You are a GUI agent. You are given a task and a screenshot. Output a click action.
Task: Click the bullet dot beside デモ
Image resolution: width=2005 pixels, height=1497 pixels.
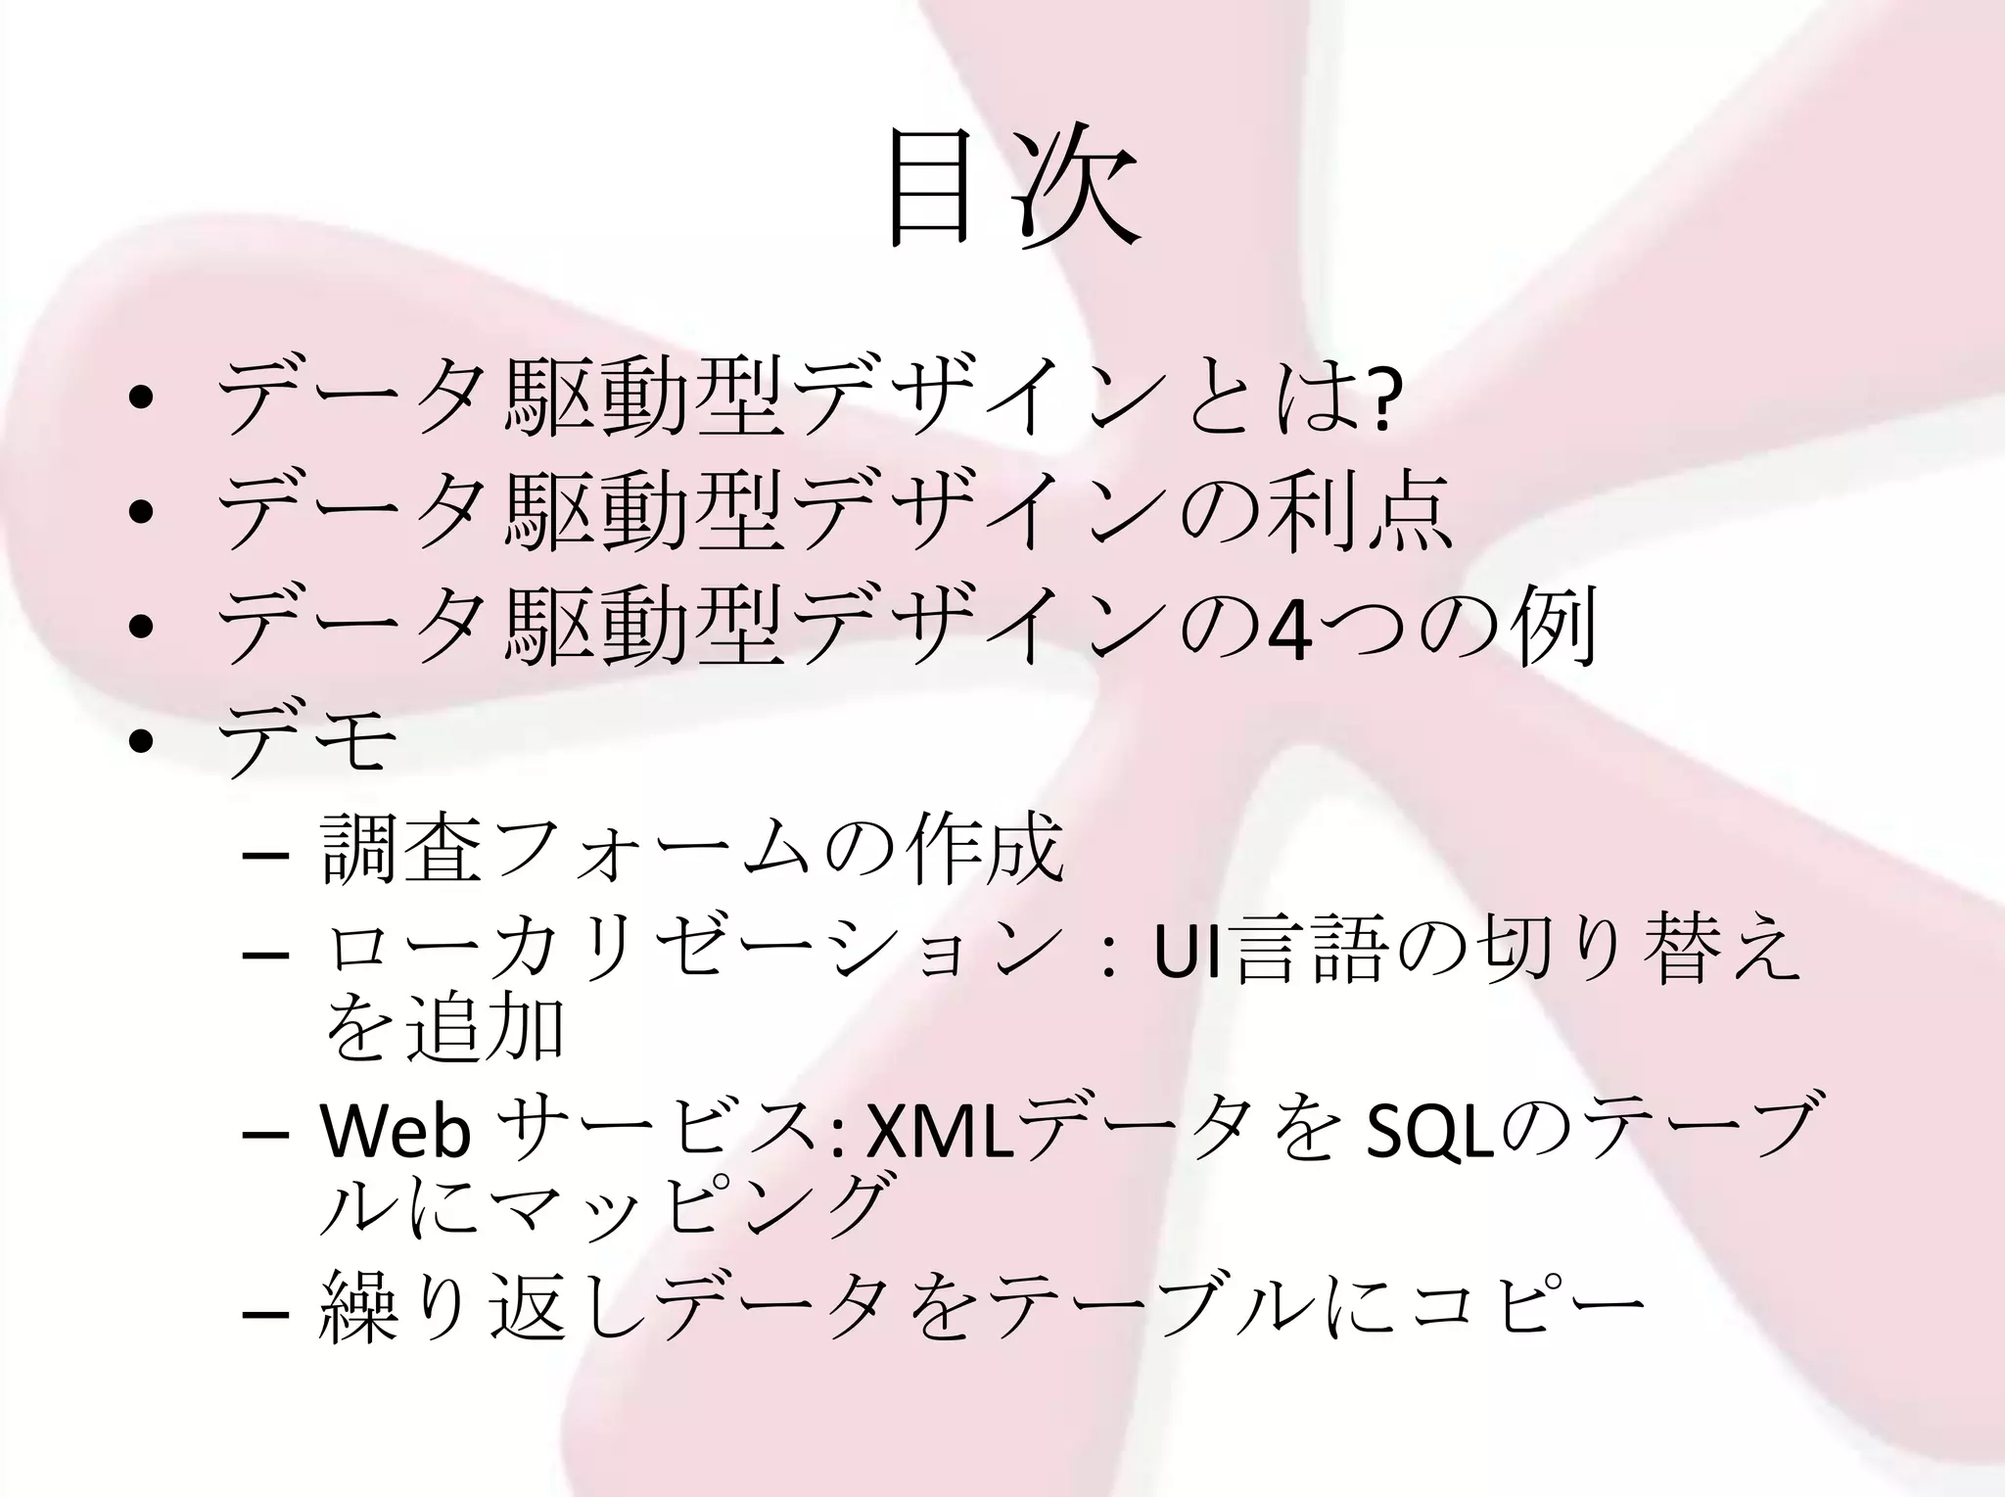click(x=140, y=742)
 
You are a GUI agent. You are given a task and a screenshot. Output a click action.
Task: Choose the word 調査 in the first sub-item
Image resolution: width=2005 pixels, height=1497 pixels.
click(x=401, y=850)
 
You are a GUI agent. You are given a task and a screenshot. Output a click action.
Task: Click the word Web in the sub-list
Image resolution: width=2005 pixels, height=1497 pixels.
click(x=396, y=1131)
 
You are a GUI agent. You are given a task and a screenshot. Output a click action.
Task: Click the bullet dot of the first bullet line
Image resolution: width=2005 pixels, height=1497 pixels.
click(x=140, y=398)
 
